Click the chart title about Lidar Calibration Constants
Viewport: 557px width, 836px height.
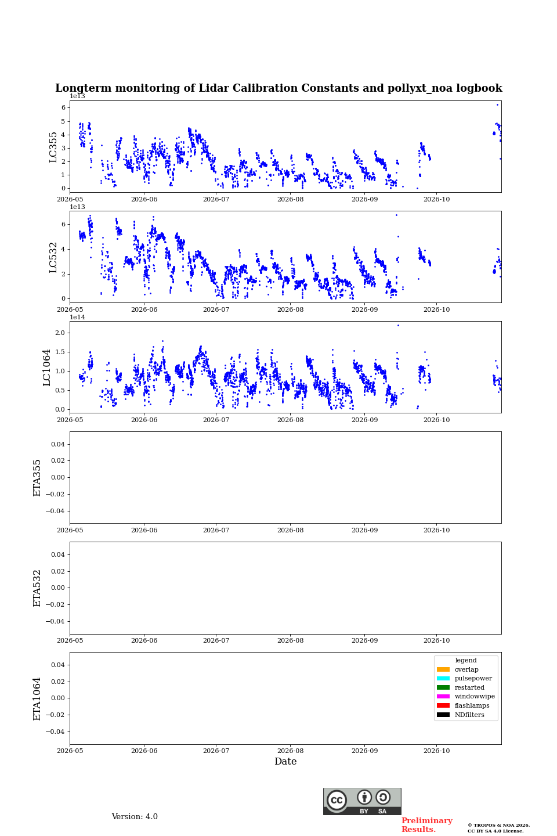point(278,88)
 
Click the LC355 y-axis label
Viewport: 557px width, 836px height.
point(53,147)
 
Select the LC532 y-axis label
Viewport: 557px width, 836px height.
point(53,258)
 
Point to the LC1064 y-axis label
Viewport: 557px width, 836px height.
point(46,367)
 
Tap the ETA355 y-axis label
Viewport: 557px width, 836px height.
point(37,478)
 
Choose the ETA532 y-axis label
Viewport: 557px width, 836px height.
point(37,588)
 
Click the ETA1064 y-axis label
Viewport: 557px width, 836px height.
point(37,698)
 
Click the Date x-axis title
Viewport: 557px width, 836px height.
point(285,762)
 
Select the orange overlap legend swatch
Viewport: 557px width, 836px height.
point(443,669)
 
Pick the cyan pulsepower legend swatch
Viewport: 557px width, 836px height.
point(443,679)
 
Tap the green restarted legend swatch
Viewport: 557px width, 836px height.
point(443,687)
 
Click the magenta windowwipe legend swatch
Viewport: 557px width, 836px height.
point(443,697)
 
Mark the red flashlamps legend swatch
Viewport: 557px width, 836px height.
point(443,706)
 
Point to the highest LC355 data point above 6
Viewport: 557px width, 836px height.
point(497,105)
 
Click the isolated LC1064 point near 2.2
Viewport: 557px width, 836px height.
point(399,326)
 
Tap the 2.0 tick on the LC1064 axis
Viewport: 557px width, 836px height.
point(60,333)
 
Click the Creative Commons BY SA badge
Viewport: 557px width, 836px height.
point(362,801)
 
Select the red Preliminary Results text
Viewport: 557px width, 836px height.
point(427,825)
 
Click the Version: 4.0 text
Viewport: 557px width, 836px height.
point(135,817)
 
